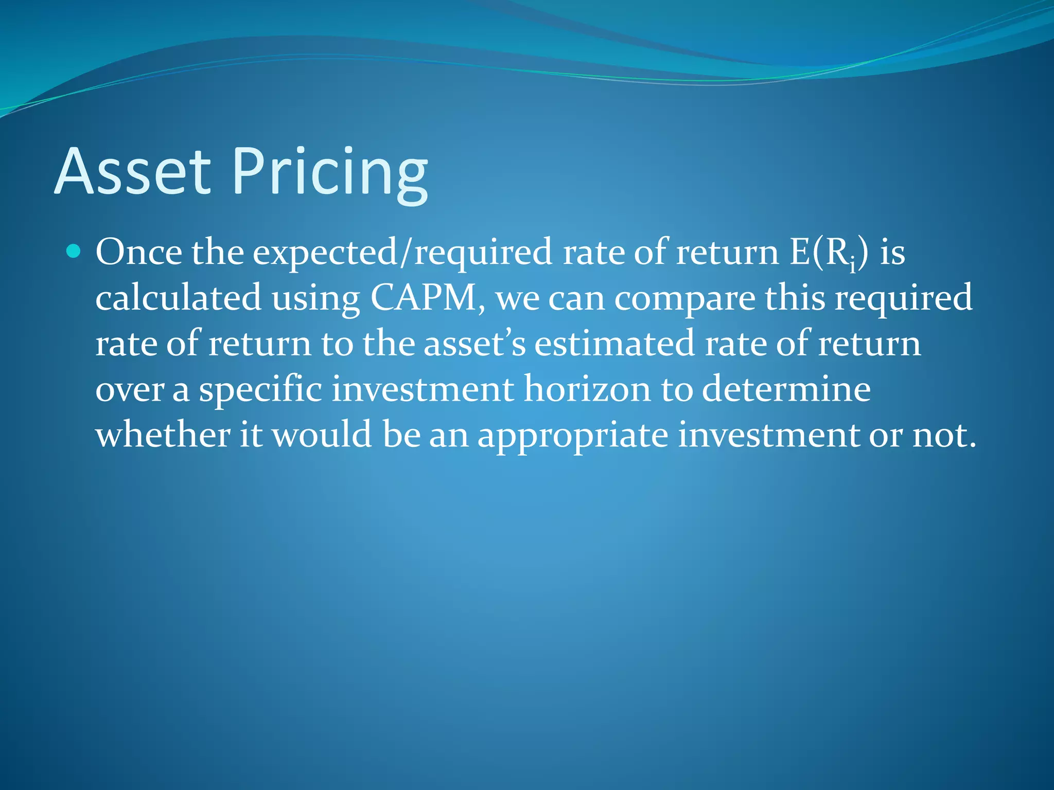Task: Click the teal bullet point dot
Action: [74, 252]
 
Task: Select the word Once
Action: [138, 252]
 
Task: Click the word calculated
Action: [178, 298]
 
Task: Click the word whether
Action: [163, 434]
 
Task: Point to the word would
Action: [322, 434]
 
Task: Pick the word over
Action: [130, 390]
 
